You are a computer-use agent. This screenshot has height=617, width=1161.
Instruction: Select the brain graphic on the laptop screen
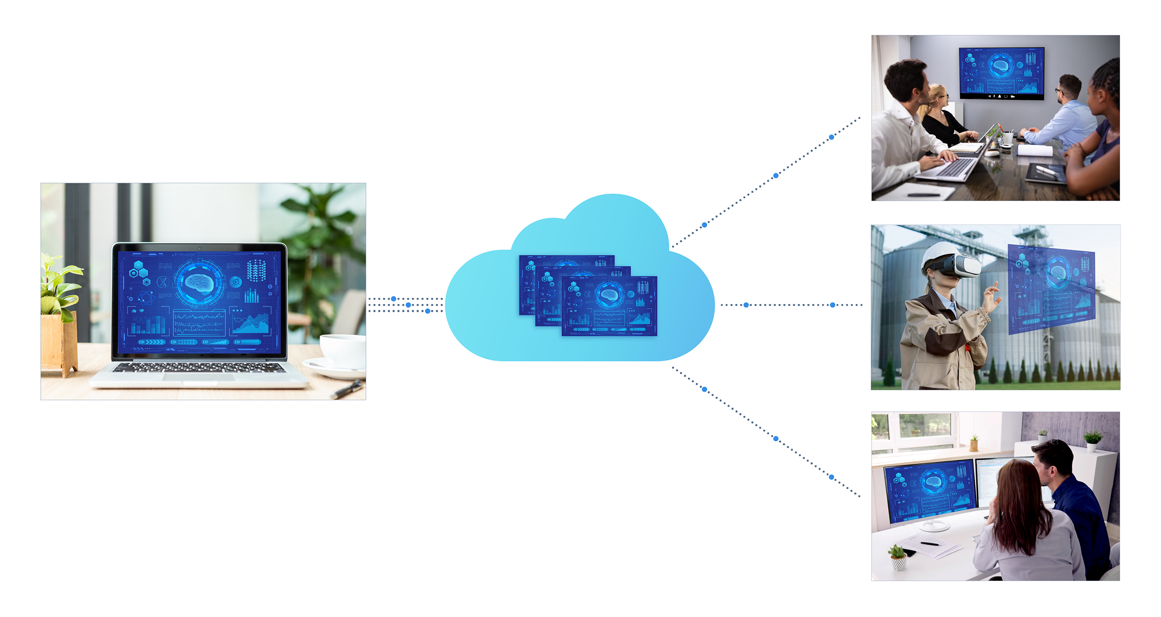[199, 283]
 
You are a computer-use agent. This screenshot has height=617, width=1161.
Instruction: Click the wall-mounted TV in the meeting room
[1001, 73]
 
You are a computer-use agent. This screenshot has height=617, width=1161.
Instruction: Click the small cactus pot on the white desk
[899, 559]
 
